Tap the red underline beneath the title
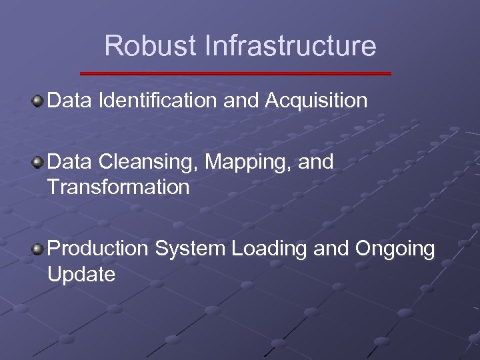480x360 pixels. pyautogui.click(x=236, y=73)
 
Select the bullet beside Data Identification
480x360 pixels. pyautogui.click(x=37, y=101)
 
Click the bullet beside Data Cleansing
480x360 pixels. pyautogui.click(x=37, y=162)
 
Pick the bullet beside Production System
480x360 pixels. pyautogui.click(x=37, y=249)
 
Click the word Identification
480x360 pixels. pyautogui.click(x=157, y=101)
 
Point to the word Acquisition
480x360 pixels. pyautogui.click(x=316, y=101)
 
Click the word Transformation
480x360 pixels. pyautogui.click(x=119, y=187)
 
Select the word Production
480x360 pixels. pyautogui.click(x=98, y=249)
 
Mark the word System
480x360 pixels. pyautogui.click(x=190, y=249)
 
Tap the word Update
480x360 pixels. pyautogui.click(x=81, y=274)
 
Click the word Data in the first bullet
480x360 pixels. pyautogui.click(x=70, y=101)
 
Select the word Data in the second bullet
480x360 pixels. pyautogui.click(x=70, y=162)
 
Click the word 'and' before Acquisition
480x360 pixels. pyautogui.click(x=241, y=101)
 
